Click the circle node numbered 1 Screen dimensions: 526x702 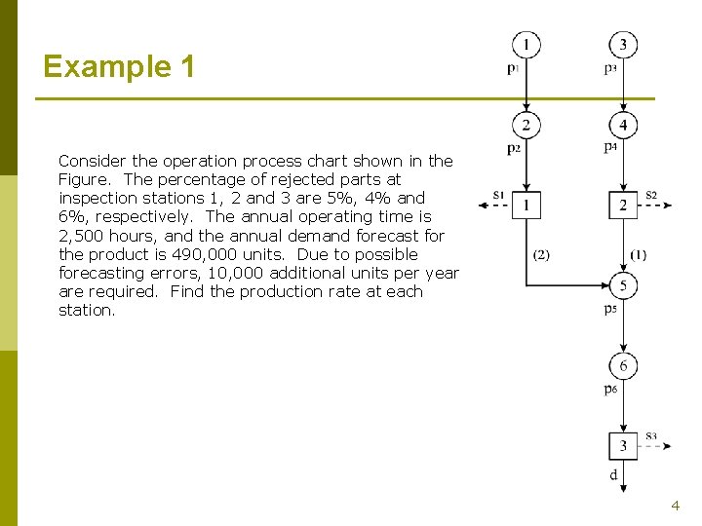(x=526, y=45)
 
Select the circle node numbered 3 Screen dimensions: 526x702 (x=623, y=45)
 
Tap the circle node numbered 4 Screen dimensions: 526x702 (x=623, y=126)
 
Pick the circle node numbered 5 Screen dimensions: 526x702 (x=623, y=285)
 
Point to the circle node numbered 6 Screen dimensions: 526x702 (x=623, y=365)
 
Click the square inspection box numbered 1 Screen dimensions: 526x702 (x=526, y=205)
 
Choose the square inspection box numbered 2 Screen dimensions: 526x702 (x=623, y=205)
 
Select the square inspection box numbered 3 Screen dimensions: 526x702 (x=623, y=445)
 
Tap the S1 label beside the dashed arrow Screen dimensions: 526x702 (x=498, y=196)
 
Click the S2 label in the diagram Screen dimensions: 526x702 (x=651, y=196)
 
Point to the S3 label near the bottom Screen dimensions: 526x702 (x=650, y=436)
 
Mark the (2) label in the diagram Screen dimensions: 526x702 (x=541, y=255)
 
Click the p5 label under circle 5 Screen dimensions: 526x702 (x=609, y=309)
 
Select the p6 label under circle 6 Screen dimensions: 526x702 (x=609, y=390)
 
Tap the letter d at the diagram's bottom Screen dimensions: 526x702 (x=612, y=475)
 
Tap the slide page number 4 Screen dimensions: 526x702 (x=675, y=506)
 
